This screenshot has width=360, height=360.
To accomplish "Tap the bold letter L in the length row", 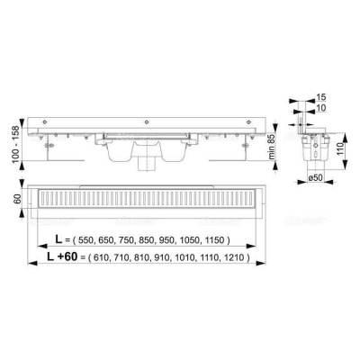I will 58,241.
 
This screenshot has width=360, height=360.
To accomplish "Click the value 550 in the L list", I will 86,242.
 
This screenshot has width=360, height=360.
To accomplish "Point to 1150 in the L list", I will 217,242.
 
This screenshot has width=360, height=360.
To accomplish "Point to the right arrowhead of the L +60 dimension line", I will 268,265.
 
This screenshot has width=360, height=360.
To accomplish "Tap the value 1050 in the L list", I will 193,242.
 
